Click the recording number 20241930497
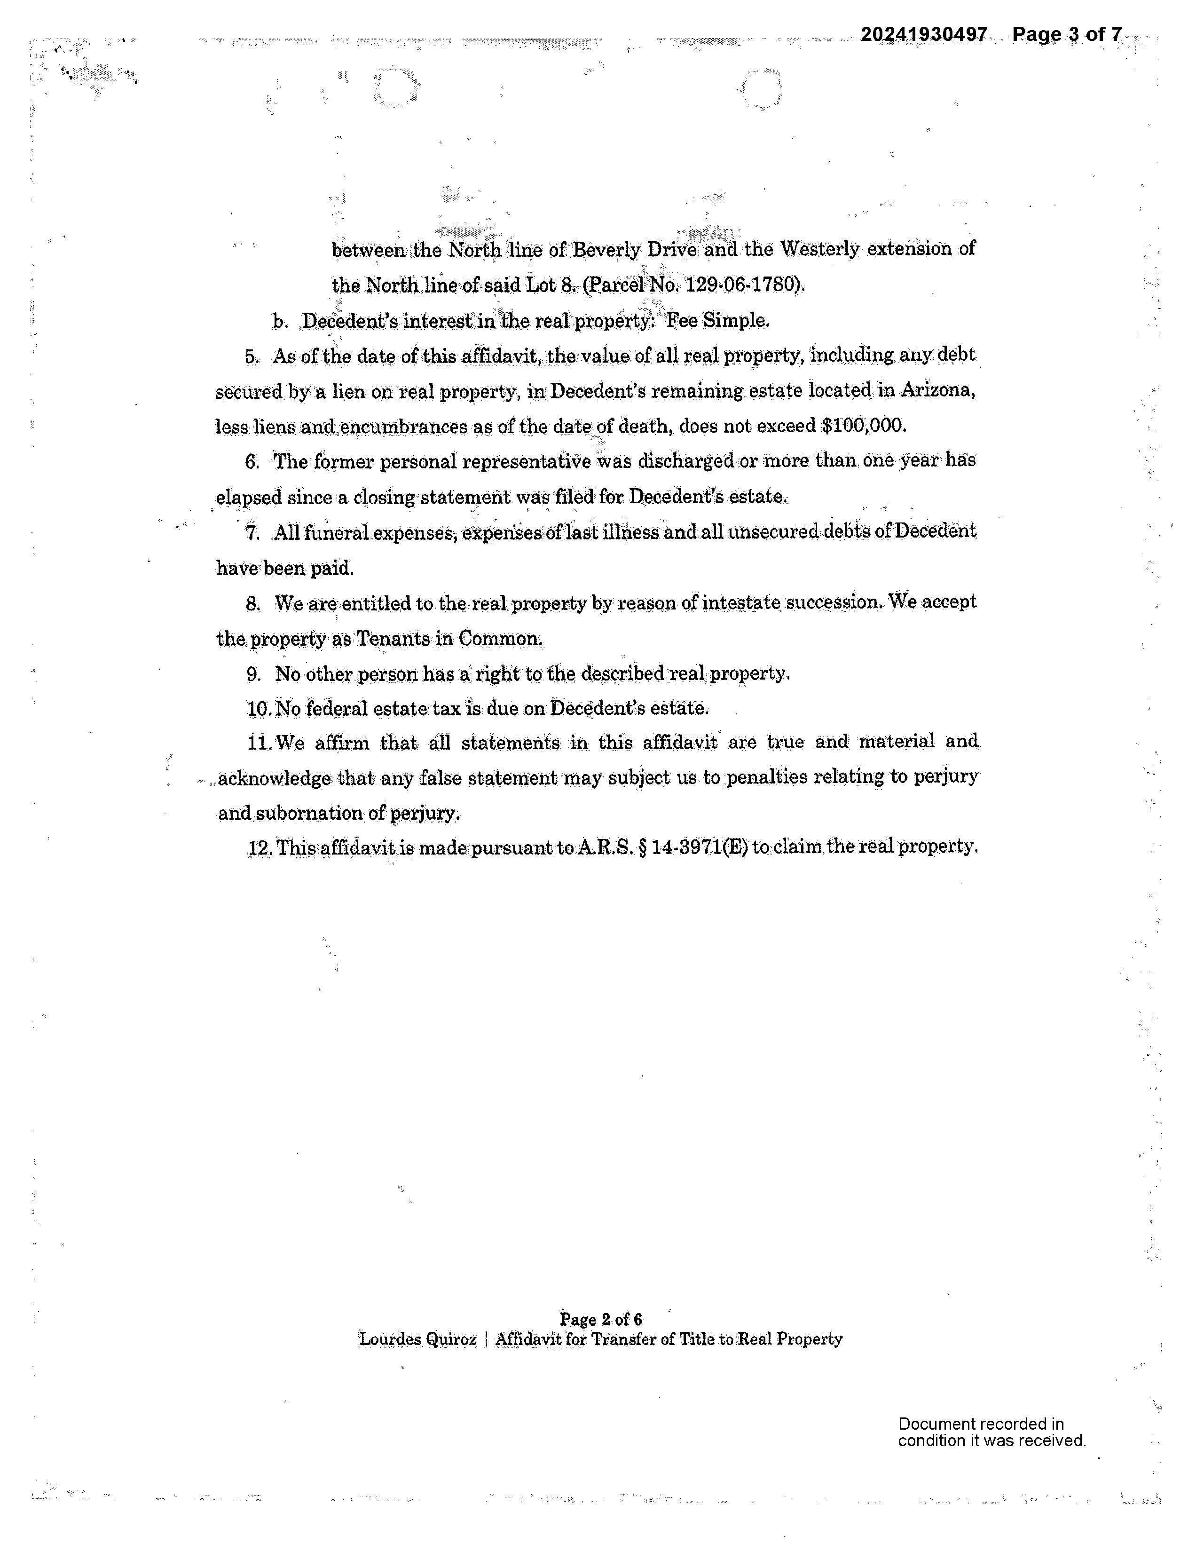[x=923, y=34]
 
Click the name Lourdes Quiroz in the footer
[x=417, y=1339]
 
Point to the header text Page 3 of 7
[x=1067, y=34]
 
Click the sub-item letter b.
[x=280, y=321]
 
